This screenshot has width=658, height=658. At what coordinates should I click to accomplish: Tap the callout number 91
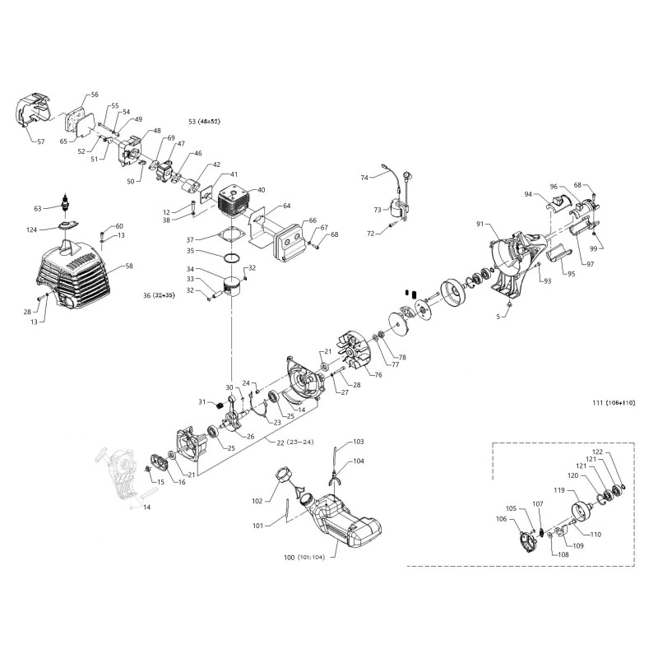(480, 224)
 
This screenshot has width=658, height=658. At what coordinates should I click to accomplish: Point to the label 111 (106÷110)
(613, 402)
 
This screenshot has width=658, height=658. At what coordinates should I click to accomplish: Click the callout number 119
(558, 491)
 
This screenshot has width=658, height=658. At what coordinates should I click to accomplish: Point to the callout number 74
(364, 178)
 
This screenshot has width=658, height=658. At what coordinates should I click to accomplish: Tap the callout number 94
(528, 194)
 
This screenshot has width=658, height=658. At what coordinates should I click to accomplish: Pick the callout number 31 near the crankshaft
(202, 401)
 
